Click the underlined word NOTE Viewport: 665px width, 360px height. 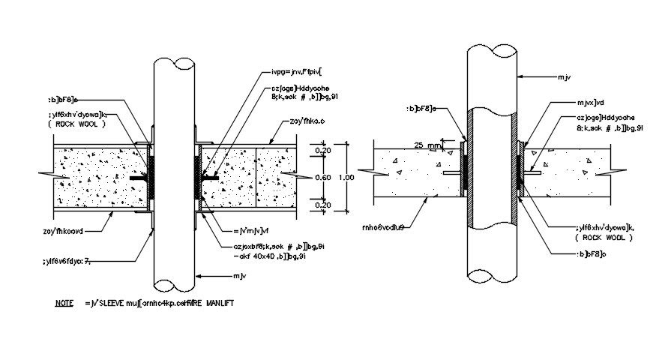[x=64, y=304]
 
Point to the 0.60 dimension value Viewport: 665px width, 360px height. [x=323, y=177]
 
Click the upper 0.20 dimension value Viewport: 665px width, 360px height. [x=323, y=151]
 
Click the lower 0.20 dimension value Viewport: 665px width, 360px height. [x=323, y=204]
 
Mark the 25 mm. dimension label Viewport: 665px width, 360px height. [x=425, y=144]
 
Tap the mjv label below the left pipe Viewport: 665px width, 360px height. [x=239, y=277]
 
